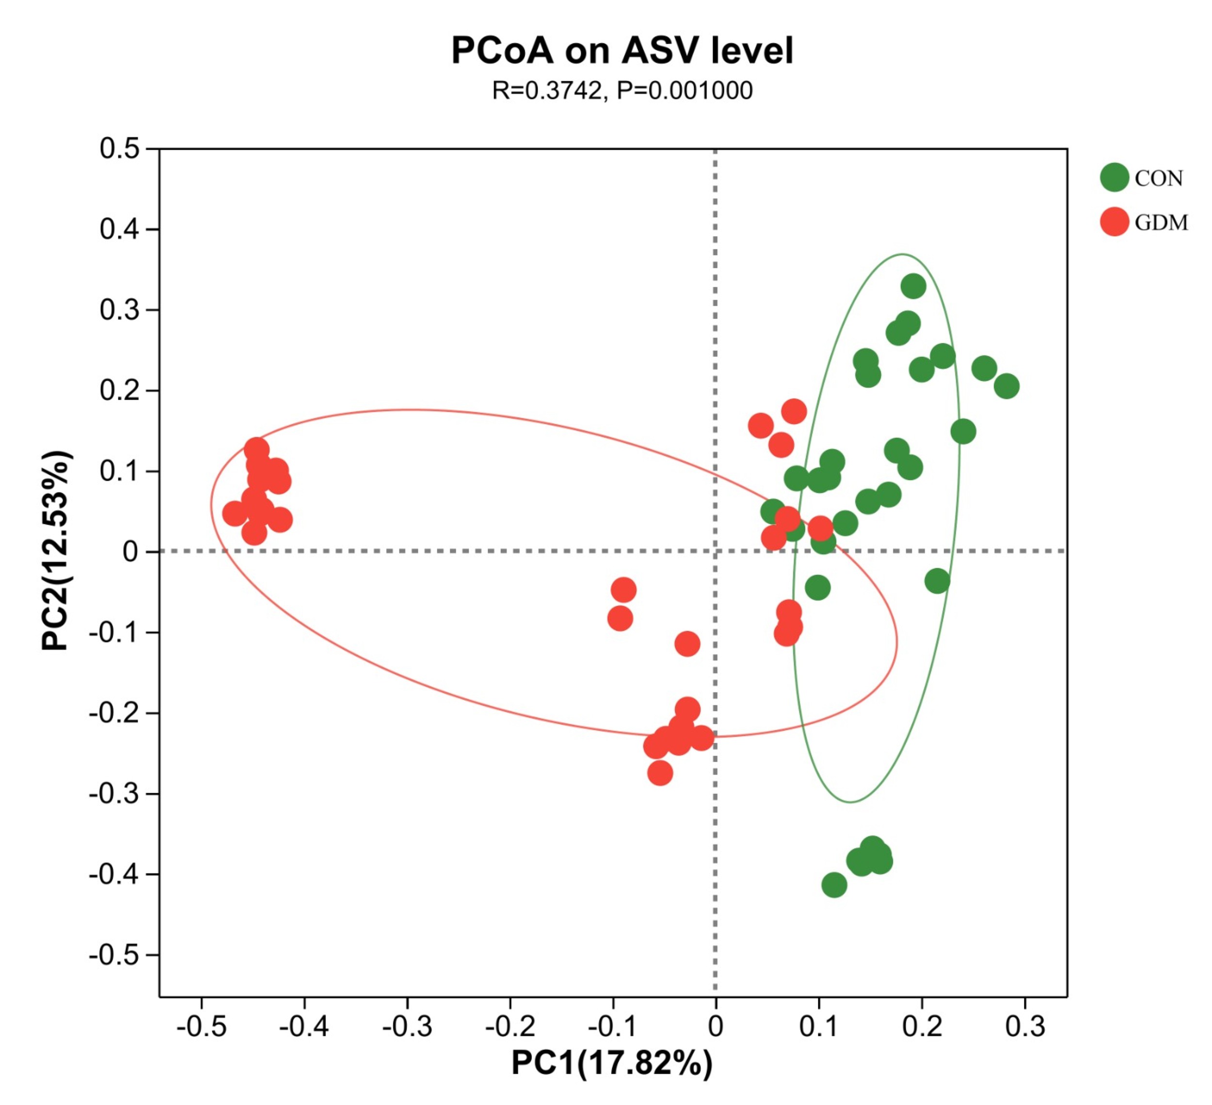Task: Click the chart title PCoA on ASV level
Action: [622, 50]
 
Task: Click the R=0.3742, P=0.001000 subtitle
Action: [622, 91]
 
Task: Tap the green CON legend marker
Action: [1114, 177]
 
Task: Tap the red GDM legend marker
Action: [1114, 222]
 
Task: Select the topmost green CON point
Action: [912, 286]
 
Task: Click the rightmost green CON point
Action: [1006, 386]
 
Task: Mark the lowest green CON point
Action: [834, 885]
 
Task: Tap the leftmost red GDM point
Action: [235, 514]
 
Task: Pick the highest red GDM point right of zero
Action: [794, 412]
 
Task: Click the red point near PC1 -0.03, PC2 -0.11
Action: [687, 644]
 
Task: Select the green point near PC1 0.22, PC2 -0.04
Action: [937, 581]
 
